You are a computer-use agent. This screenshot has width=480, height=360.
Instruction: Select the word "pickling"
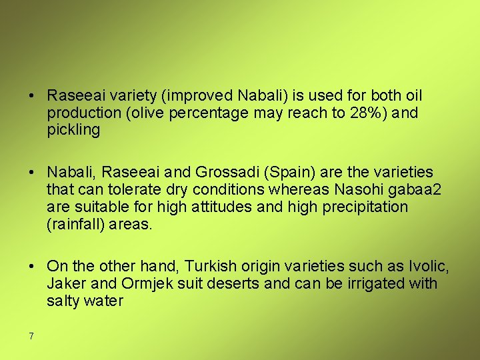tap(73, 131)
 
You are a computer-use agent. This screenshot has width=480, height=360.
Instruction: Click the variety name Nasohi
tap(363, 191)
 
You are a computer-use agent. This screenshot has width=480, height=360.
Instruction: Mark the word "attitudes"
tap(223, 207)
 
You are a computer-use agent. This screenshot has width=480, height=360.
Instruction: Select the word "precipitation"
tap(365, 207)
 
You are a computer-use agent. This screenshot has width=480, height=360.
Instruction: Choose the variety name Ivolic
tap(427, 267)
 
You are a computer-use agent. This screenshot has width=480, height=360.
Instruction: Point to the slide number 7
tap(31, 335)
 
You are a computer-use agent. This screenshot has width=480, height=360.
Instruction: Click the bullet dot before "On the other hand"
tap(32, 267)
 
